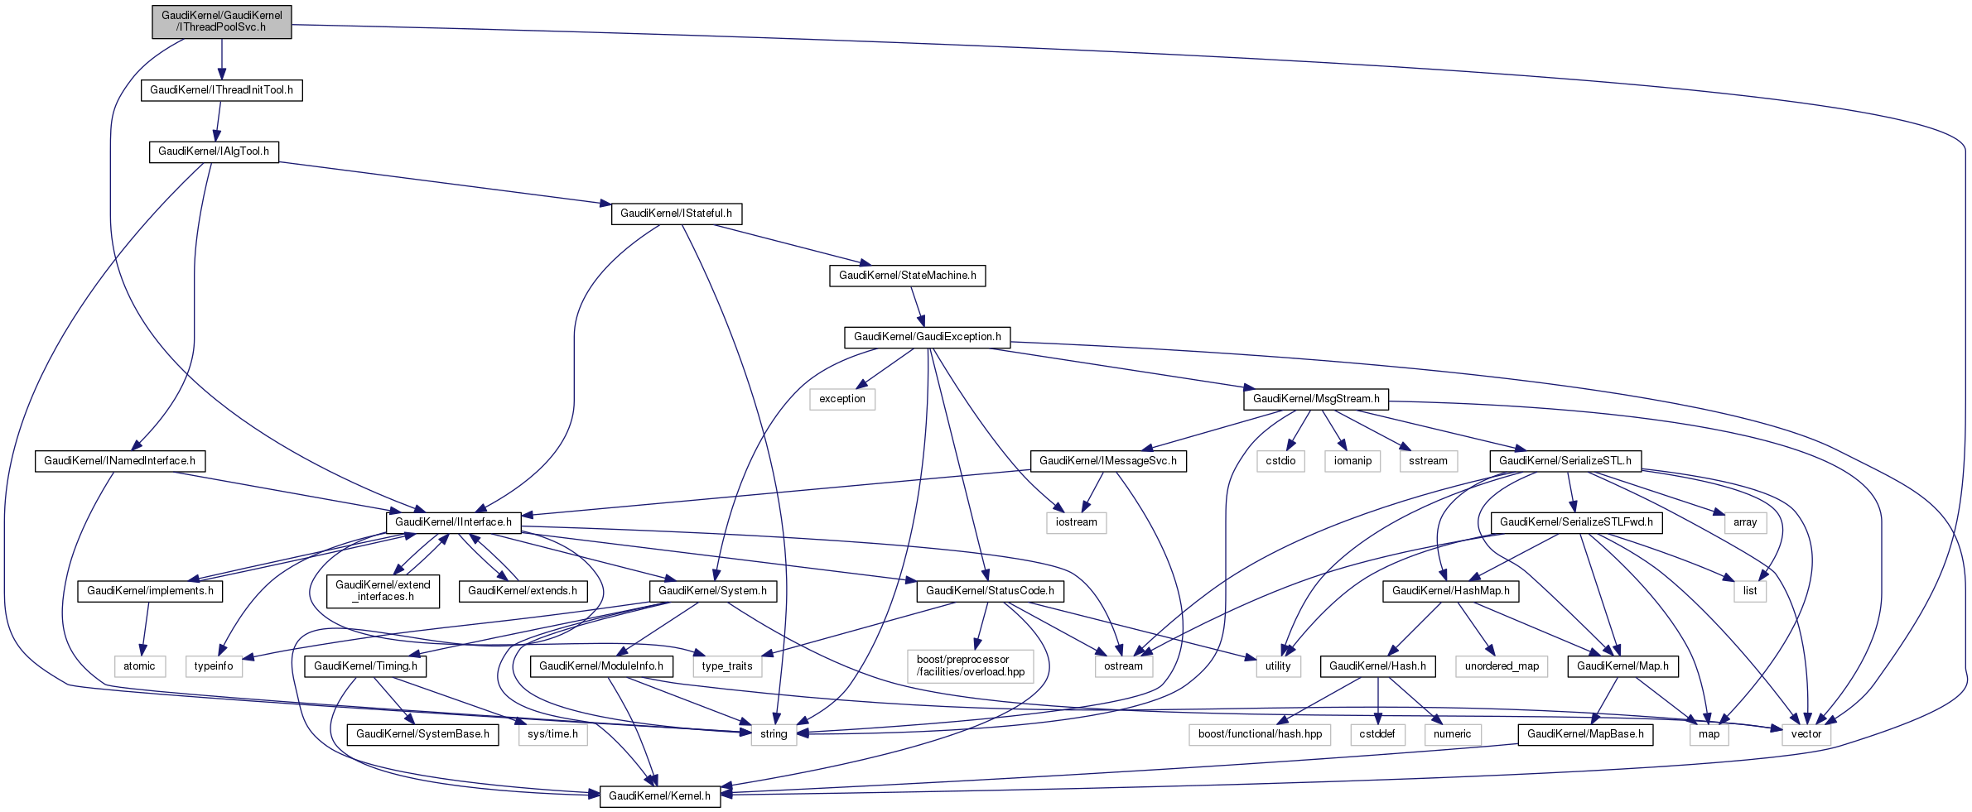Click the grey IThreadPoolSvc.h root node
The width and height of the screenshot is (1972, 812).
pos(221,22)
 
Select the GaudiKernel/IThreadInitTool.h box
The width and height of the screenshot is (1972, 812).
pos(221,89)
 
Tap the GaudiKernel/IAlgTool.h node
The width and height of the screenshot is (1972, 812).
pos(214,151)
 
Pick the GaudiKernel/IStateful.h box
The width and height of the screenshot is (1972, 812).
pos(676,214)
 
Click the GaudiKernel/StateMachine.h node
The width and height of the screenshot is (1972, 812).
pos(907,276)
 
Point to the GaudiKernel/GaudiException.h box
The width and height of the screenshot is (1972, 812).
pos(927,337)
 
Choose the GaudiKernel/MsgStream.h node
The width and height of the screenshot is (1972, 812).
pos(1316,399)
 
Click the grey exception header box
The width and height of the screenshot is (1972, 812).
pos(841,399)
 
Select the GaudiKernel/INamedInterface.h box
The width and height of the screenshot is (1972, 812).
pos(119,461)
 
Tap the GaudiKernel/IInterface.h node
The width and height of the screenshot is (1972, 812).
pos(453,522)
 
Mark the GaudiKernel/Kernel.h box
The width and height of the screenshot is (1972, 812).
pos(659,796)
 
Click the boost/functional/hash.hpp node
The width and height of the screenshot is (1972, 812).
pos(1260,734)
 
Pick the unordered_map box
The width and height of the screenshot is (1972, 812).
pos(1502,666)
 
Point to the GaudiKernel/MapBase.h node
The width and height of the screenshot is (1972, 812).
pos(1585,734)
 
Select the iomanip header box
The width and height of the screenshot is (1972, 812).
pos(1352,461)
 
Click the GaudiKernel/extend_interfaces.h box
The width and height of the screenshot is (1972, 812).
pos(383,591)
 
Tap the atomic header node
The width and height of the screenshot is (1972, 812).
pos(139,666)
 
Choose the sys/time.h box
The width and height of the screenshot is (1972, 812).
pos(552,734)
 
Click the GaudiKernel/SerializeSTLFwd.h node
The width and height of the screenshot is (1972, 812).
pos(1576,522)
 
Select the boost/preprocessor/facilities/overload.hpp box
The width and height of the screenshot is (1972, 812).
pos(971,666)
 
